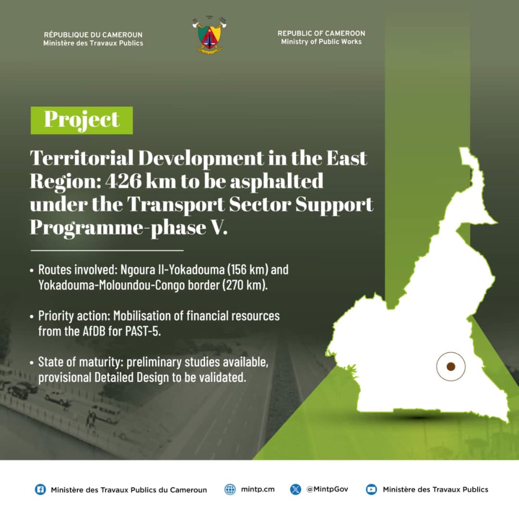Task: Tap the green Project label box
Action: pyautogui.click(x=82, y=120)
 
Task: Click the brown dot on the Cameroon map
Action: pyautogui.click(x=451, y=366)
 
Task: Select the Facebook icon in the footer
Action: pyautogui.click(x=40, y=489)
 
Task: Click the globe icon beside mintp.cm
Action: pyautogui.click(x=230, y=489)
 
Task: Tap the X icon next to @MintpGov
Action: pyautogui.click(x=296, y=489)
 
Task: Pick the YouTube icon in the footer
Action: pyautogui.click(x=371, y=489)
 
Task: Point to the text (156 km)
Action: pyautogui.click(x=247, y=269)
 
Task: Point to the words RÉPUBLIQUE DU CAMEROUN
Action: pyautogui.click(x=93, y=35)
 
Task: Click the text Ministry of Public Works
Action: pyautogui.click(x=321, y=42)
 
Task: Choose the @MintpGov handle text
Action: pyautogui.click(x=327, y=489)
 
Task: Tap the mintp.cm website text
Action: pyautogui.click(x=258, y=489)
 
